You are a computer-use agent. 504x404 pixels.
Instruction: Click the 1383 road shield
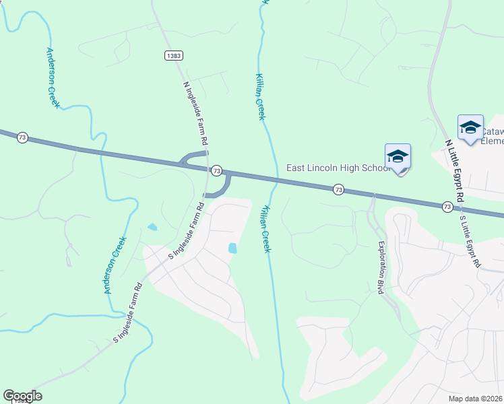174,55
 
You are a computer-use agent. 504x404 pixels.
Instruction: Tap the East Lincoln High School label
337,168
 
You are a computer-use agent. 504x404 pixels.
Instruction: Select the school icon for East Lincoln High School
398,158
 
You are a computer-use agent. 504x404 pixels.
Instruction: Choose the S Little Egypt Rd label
470,241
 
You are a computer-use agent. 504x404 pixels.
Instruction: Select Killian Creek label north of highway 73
260,97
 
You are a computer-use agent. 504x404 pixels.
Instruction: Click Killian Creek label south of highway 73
265,229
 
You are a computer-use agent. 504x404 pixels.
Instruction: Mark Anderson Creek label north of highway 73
53,78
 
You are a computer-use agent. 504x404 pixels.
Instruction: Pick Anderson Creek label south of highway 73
115,265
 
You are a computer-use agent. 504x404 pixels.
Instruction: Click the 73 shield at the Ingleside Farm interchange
216,171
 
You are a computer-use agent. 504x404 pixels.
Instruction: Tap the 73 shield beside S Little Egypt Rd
447,206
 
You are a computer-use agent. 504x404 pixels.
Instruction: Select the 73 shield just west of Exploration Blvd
338,191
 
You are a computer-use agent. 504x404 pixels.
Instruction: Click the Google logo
22,396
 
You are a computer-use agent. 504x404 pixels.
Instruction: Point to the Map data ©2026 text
476,399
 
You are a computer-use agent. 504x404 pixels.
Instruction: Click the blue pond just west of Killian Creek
232,248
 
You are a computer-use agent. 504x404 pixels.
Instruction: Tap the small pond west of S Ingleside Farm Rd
152,227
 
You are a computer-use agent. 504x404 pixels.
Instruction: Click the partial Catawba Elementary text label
491,136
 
